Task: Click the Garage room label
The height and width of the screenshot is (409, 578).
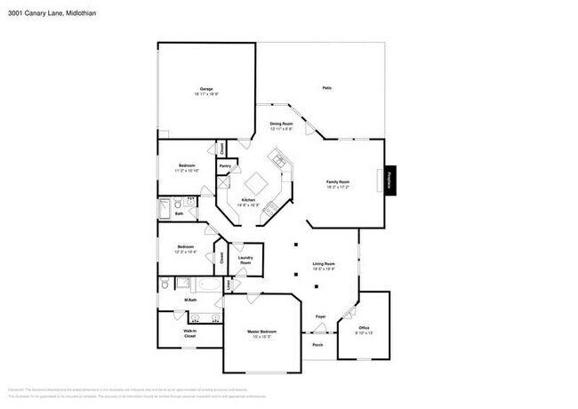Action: point(205,89)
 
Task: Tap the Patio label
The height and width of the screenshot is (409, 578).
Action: point(326,87)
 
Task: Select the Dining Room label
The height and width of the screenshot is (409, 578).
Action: point(282,124)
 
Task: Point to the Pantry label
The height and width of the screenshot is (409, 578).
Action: point(225,165)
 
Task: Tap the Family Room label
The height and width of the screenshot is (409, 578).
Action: point(337,181)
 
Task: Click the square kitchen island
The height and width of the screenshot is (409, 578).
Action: point(257,183)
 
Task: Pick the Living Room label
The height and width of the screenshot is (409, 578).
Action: point(323,264)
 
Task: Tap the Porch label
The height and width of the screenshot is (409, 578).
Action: point(317,345)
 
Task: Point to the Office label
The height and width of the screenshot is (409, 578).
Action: point(362,328)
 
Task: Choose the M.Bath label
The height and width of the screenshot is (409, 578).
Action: point(190,300)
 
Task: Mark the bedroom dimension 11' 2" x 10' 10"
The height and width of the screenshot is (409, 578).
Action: point(187,170)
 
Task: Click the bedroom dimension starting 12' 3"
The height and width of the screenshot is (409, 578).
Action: point(186,251)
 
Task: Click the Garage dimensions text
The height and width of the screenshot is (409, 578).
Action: point(206,93)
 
